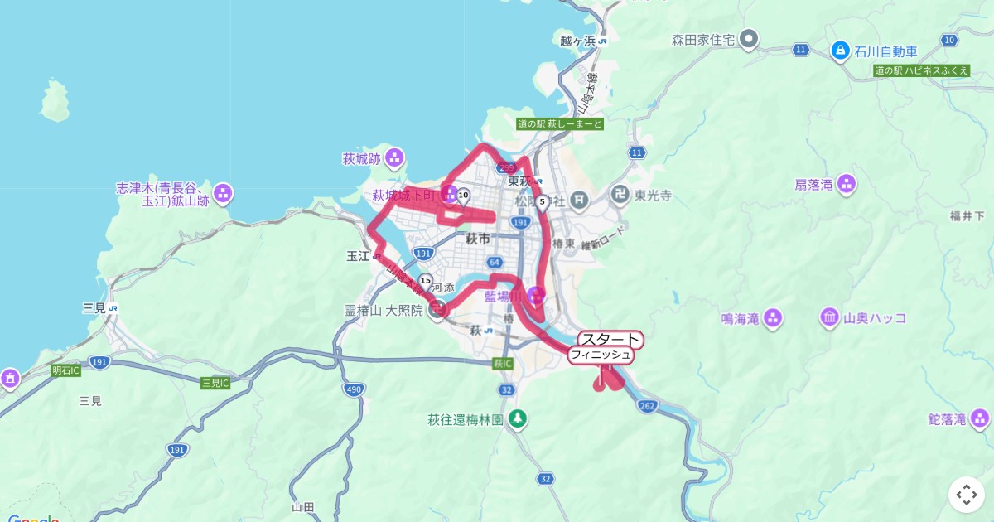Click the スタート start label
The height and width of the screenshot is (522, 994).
pos(610,339)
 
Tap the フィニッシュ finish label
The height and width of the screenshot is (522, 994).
pos(601,355)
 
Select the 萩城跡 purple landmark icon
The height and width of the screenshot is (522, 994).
pos(394,157)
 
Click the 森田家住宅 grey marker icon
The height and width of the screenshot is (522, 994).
pos(749,39)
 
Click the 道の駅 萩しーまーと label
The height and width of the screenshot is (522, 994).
pos(560,123)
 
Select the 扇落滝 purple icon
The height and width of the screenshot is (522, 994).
pos(847,184)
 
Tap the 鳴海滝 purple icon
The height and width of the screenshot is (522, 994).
pos(773,317)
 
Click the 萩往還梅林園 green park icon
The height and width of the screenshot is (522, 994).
pos(518,419)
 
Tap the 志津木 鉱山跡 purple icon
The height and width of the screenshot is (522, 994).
pos(223,194)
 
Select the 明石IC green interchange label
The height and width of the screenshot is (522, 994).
pos(65,370)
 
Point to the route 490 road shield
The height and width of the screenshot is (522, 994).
pos(355,389)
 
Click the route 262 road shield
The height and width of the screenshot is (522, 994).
pos(648,405)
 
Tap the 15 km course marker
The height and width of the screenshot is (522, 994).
pos(425,281)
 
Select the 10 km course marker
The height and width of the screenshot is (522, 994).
pos(463,196)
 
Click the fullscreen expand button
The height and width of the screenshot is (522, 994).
pos(967,495)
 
